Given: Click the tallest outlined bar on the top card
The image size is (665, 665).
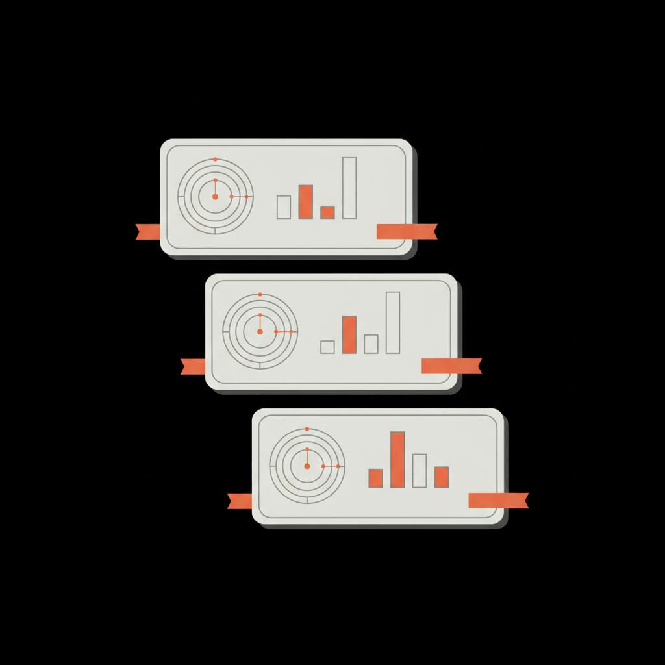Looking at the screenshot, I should [349, 188].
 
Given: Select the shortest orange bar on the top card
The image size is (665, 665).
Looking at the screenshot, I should [327, 212].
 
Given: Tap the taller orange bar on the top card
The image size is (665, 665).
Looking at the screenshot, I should [305, 201].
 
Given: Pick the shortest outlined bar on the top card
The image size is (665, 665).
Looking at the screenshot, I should [284, 207].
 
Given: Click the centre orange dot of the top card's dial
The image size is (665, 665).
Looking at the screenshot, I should [215, 196].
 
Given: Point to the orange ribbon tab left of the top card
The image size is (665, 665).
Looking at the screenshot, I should [148, 231].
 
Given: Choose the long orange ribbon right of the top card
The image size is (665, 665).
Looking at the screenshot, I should [407, 231].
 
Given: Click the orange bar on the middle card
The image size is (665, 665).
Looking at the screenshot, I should [349, 334].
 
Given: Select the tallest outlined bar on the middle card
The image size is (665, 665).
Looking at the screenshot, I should [393, 323].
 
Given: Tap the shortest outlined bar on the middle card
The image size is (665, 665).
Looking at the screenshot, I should [328, 347].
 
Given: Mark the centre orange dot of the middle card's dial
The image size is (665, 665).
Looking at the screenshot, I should [260, 331].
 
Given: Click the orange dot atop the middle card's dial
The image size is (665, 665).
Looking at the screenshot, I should [260, 294].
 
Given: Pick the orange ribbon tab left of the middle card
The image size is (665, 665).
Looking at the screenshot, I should [193, 366].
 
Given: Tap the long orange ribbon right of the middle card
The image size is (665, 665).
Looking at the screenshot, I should [451, 366].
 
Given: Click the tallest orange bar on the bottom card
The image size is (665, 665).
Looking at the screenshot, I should [397, 459].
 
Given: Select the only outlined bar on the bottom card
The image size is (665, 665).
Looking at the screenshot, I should [420, 471].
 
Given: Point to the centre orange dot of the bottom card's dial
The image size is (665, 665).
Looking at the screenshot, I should [307, 466].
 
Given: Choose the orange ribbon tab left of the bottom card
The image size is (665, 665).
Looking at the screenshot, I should [240, 501].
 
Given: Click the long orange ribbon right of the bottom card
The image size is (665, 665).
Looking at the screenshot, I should [498, 501].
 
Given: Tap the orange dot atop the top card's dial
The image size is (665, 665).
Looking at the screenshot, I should [215, 159].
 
